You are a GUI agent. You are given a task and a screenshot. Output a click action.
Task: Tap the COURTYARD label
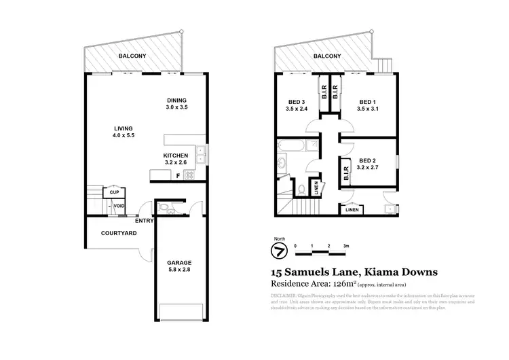(x=119, y=233)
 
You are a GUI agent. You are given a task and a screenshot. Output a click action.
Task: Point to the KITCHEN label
(x=176, y=155)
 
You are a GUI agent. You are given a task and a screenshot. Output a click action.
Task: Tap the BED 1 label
(x=367, y=100)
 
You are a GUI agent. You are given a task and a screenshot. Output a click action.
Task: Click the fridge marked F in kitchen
(x=178, y=176)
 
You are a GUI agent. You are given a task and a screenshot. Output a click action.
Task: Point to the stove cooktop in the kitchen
(x=189, y=175)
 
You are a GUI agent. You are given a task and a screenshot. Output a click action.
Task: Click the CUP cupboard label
(x=113, y=192)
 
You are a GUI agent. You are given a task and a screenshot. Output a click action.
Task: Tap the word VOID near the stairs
(x=119, y=206)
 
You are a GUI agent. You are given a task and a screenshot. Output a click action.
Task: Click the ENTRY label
(x=144, y=220)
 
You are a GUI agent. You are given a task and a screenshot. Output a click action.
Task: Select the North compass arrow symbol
(x=277, y=251)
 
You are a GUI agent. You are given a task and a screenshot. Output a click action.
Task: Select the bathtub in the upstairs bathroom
(x=295, y=145)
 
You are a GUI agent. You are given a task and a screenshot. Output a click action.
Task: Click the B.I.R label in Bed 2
(x=347, y=171)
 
